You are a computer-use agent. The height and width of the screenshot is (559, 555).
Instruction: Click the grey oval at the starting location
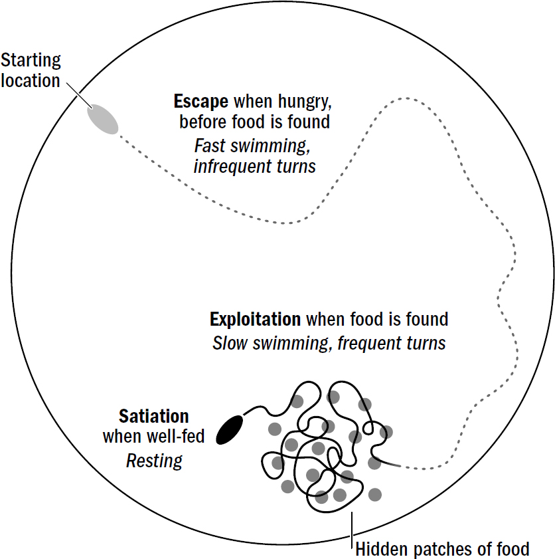click(102, 118)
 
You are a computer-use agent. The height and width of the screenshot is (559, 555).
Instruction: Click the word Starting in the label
click(31, 60)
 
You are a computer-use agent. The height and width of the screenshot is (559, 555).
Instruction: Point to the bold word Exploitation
click(255, 319)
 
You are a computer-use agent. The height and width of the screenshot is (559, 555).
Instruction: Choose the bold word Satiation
click(154, 417)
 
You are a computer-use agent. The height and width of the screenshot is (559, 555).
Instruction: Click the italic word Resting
click(154, 461)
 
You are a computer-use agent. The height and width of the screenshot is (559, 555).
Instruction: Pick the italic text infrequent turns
click(255, 166)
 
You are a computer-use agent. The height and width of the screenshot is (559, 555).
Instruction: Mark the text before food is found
click(255, 122)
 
